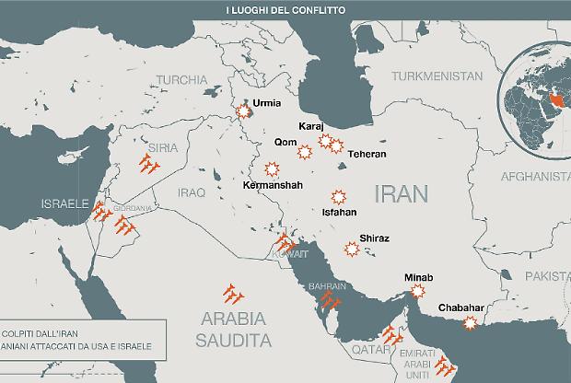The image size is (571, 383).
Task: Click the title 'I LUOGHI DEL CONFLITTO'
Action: (285, 9)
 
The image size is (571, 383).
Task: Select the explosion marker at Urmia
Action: (244, 112)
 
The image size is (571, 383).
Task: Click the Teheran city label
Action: (367, 154)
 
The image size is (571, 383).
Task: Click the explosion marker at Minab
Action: (418, 290)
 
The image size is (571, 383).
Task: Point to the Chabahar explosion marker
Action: (471, 323)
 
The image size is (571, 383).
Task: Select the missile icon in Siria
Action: (148, 165)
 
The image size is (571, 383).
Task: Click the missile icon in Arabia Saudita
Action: (234, 295)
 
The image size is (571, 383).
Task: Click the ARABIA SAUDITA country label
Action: (234, 331)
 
